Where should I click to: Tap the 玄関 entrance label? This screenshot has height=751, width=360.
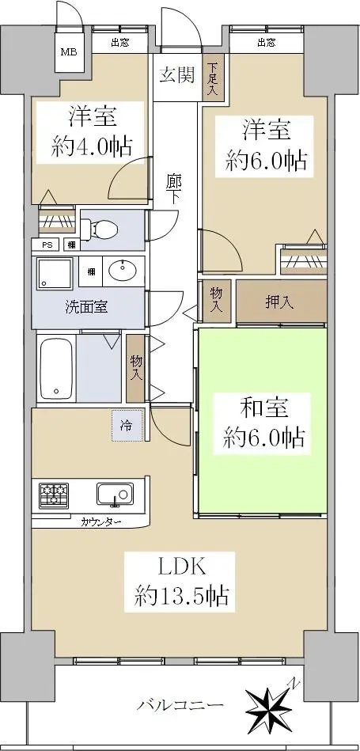click(176, 75)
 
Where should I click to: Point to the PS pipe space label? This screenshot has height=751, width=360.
click(47, 245)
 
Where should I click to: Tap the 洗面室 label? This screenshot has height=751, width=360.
click(86, 307)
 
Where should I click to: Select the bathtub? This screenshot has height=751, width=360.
click(56, 368)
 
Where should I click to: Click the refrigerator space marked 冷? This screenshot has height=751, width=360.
click(127, 425)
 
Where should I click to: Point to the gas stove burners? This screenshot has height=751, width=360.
click(54, 495)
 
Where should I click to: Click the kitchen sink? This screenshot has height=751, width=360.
click(115, 494)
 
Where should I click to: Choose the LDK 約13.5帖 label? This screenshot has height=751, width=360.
click(180, 582)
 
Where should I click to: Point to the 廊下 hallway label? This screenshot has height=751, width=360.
click(174, 189)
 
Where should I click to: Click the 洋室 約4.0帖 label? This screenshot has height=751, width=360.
click(91, 132)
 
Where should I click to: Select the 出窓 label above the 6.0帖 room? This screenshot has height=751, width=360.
click(267, 43)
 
